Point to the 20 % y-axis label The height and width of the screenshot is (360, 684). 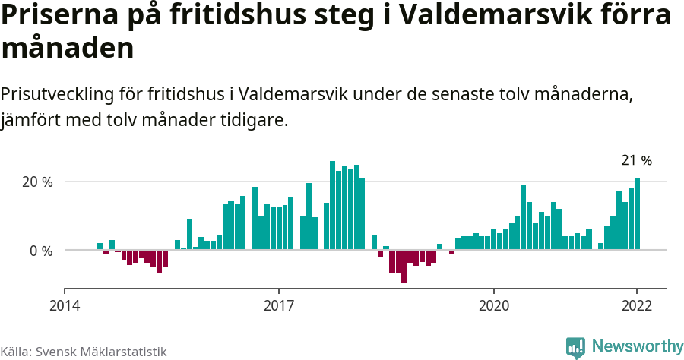click(x=37, y=182)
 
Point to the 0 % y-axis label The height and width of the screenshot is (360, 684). click(x=41, y=251)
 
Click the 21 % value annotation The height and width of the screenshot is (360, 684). click(x=637, y=161)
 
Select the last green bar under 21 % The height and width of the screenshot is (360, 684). click(x=638, y=213)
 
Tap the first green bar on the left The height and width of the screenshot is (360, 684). click(x=100, y=246)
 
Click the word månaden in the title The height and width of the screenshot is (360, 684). click(x=68, y=49)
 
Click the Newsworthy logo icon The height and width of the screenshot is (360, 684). click(x=575, y=347)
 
